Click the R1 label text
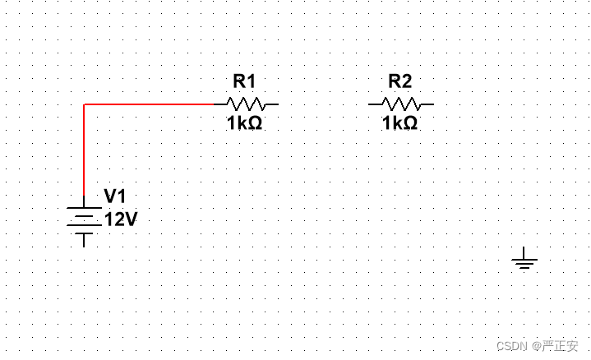(x=244, y=81)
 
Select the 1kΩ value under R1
(x=244, y=123)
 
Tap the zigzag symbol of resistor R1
(x=246, y=104)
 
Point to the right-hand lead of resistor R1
(x=273, y=104)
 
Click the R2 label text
(x=399, y=81)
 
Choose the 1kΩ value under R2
(x=399, y=123)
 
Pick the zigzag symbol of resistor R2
(x=401, y=104)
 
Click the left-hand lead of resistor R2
(x=375, y=104)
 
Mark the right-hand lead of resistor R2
(x=427, y=104)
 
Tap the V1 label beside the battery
(x=115, y=196)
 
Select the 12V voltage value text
(x=121, y=219)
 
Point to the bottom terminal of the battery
(x=84, y=241)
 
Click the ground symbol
(x=524, y=262)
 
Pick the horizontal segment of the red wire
(x=148, y=104)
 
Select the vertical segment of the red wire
(x=84, y=152)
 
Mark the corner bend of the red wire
(x=84, y=104)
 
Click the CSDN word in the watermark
(x=511, y=346)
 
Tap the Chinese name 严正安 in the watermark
(x=561, y=346)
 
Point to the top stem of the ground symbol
(x=524, y=252)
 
